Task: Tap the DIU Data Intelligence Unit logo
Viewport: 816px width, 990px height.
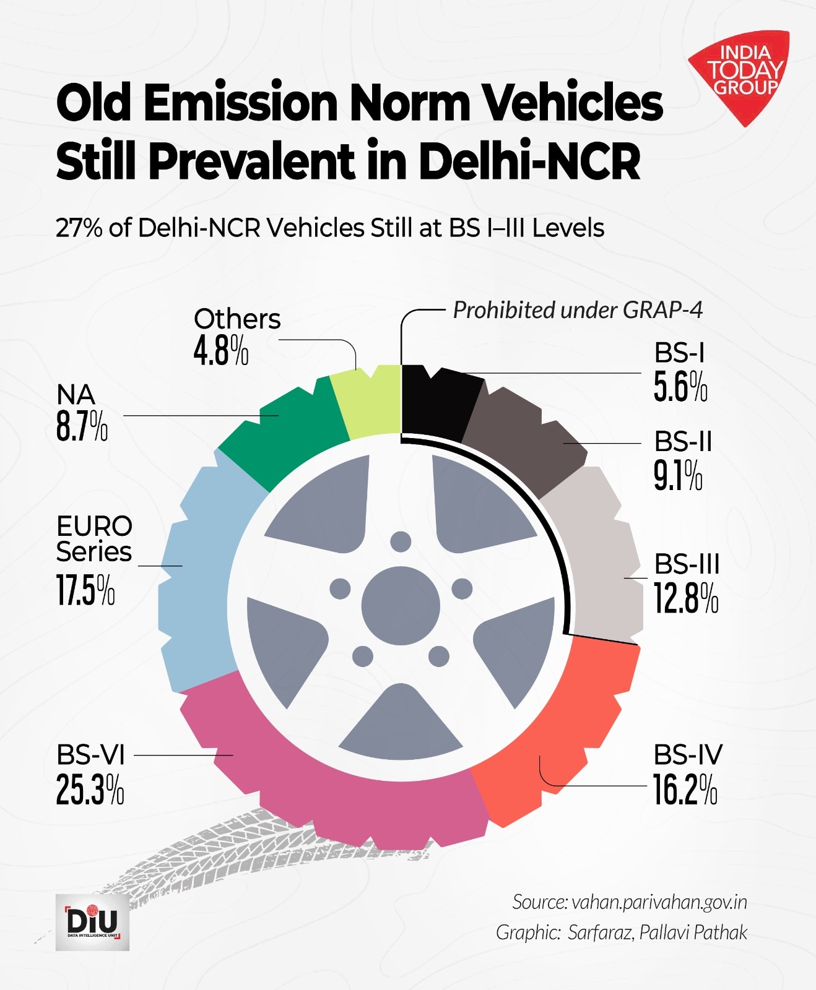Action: (x=92, y=921)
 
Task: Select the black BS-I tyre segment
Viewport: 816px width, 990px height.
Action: (x=436, y=402)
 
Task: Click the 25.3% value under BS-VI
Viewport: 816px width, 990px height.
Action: (x=90, y=790)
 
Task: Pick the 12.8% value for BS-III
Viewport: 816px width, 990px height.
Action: (x=686, y=599)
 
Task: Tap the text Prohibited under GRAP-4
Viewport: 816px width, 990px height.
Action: (x=578, y=310)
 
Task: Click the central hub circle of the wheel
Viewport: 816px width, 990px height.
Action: (x=401, y=605)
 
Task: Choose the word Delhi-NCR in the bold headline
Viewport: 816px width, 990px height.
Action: (x=529, y=161)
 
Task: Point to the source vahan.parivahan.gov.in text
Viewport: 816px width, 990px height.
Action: (x=659, y=902)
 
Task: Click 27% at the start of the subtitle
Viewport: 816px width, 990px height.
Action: (x=79, y=228)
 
